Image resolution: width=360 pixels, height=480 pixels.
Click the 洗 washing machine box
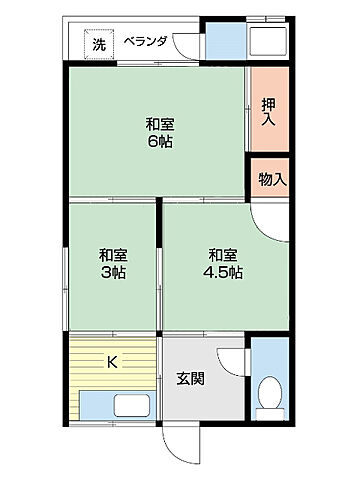[98, 43]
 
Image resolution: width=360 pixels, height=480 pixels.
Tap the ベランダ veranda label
[145, 41]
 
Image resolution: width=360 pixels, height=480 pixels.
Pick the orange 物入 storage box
[269, 180]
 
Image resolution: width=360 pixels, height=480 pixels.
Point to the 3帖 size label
[111, 272]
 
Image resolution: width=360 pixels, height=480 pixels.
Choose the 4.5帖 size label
[222, 272]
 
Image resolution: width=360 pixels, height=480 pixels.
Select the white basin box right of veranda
[268, 43]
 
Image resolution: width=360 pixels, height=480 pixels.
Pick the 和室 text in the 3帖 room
[112, 254]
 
